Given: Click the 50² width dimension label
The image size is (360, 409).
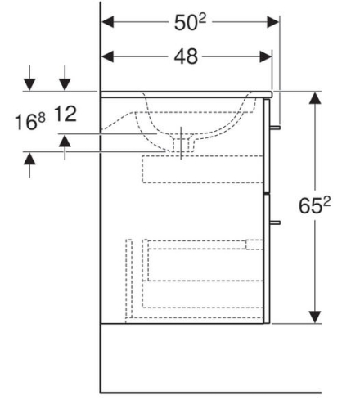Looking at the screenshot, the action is (x=190, y=22).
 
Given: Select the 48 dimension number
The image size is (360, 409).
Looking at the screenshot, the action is (x=186, y=56).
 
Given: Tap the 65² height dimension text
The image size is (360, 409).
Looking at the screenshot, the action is (x=314, y=205).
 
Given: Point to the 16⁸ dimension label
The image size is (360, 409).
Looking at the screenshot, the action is (x=29, y=122).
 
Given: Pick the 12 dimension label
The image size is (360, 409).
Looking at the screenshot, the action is (x=65, y=114).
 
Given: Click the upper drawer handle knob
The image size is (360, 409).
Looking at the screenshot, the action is (x=275, y=128).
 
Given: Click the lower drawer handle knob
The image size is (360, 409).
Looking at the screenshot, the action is (x=275, y=222).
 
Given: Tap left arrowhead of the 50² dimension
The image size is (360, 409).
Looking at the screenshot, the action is (x=107, y=22).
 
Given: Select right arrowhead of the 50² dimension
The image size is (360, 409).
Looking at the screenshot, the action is (x=273, y=22).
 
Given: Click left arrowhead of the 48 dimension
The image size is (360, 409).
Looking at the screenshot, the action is (x=107, y=56).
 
